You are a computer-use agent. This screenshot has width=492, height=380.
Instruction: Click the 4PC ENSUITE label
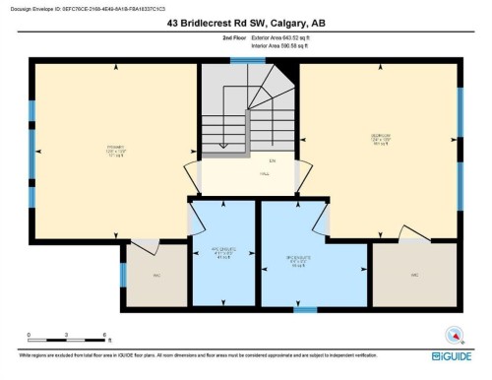(x=222, y=251)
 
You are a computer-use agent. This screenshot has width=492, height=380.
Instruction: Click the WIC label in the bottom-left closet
(x=156, y=276)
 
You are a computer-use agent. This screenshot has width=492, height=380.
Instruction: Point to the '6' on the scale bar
(x=104, y=336)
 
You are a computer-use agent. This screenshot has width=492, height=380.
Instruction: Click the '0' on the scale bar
(x=30, y=336)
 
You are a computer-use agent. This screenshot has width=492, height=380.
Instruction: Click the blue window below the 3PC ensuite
(x=306, y=310)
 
